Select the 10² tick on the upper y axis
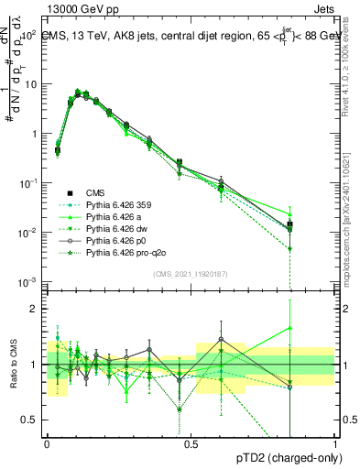[29, 34]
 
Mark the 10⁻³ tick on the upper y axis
[29, 281]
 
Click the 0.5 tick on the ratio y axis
[29, 420]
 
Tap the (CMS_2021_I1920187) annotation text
[191, 274]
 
